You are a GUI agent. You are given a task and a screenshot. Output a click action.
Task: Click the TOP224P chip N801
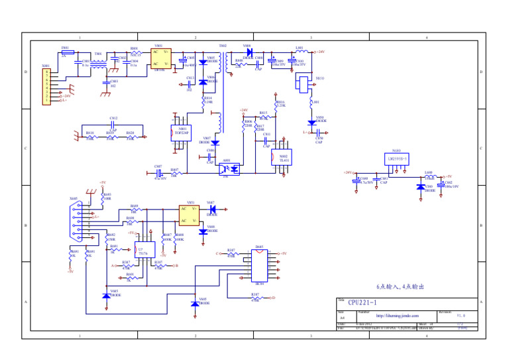click(x=181, y=133)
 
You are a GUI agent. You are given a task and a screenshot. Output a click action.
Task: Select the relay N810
click(x=303, y=83)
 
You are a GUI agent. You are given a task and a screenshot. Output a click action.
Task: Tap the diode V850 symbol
click(x=311, y=122)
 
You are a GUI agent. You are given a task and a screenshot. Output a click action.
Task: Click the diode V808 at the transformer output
click(x=249, y=52)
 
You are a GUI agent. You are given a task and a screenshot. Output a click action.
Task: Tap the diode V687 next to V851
click(x=212, y=209)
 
